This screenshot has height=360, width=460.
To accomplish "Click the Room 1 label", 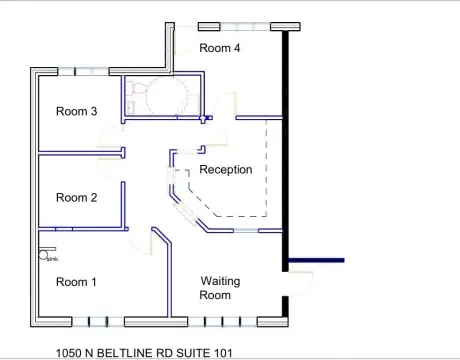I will coord(76,282).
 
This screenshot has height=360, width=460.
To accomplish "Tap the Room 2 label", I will coord(76,197).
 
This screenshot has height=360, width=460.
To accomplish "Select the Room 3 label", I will coord(76,111).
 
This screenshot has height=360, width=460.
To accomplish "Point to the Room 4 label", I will coord(219,47).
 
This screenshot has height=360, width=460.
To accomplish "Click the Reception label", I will coord(225,169).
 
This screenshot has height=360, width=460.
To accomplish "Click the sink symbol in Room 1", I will coord(45,256).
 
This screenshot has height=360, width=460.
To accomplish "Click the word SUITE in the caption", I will coord(191,353).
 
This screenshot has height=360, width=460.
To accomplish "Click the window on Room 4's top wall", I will coord(237,26).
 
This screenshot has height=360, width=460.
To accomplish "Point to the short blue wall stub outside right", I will coord(318,260).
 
